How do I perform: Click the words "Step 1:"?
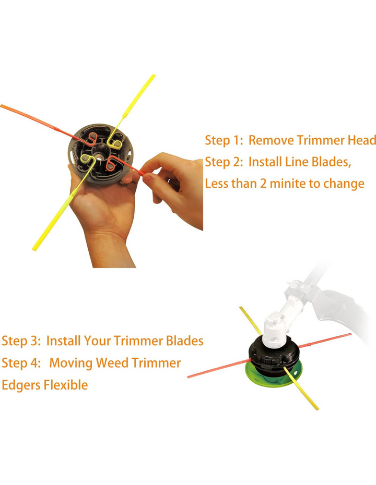click(224, 140)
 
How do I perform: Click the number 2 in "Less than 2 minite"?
click(263, 184)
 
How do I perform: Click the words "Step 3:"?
click(21, 341)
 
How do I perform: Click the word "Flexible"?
click(65, 385)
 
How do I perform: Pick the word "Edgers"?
click(21, 385)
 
